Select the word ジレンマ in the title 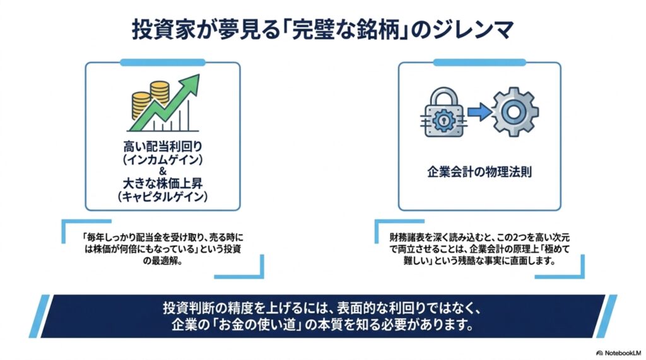pos(473,30)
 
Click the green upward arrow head pos(191,84)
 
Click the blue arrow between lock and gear pos(480,112)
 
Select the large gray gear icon pos(515,112)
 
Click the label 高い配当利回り pos(163,147)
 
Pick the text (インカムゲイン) pos(163,160)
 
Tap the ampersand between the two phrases pos(163,171)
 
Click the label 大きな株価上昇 pos(163,183)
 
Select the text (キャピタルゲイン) pos(163,197)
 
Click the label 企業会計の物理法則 pos(479,171)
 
